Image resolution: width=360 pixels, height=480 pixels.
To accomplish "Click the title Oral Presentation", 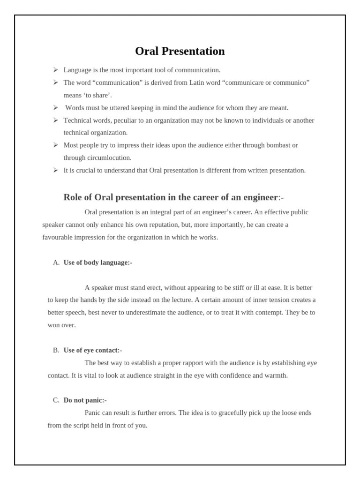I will (x=180, y=51).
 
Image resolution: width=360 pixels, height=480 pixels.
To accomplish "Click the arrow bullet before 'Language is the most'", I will (x=55, y=70).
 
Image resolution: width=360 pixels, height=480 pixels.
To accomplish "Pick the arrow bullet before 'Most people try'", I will (x=55, y=145).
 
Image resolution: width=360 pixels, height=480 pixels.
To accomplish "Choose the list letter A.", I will (x=56, y=262).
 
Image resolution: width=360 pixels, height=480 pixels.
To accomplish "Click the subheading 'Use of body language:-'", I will (x=98, y=262).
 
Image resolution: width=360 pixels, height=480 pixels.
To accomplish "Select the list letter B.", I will (x=56, y=350).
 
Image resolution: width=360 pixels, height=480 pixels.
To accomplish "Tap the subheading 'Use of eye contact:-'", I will (x=93, y=350).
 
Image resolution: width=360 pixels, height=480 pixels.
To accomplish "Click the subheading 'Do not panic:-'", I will (x=85, y=400).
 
